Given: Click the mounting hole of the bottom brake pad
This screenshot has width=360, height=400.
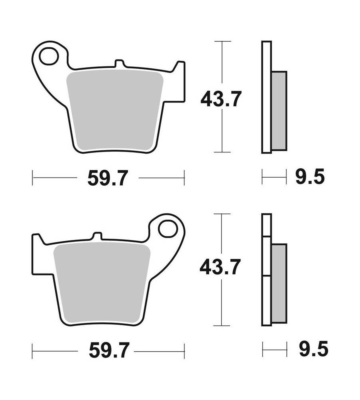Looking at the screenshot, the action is [x=168, y=229].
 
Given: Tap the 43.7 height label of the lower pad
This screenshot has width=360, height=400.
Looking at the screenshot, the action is [x=220, y=267].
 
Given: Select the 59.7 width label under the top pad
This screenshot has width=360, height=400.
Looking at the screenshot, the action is [x=107, y=178].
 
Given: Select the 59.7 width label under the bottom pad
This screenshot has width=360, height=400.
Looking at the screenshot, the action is [x=109, y=351].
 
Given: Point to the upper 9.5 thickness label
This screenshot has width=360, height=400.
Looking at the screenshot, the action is [x=310, y=176].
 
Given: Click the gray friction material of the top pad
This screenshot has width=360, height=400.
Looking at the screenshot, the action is [x=115, y=111].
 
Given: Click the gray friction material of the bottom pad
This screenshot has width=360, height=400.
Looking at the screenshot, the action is [x=102, y=283].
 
